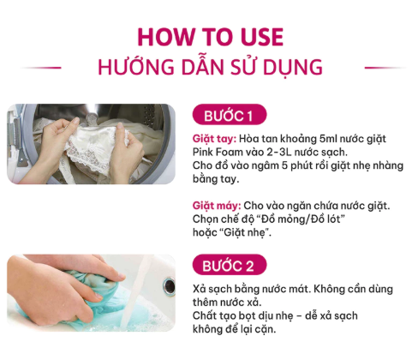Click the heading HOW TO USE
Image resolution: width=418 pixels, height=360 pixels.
coord(210,37)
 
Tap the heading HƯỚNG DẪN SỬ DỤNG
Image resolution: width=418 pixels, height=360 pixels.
coord(210,67)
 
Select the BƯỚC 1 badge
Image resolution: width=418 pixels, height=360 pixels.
coord(230,115)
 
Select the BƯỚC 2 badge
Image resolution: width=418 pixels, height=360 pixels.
coord(230,265)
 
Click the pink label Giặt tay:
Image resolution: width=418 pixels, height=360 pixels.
coord(214,139)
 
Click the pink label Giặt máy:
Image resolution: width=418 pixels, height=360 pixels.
coord(217,206)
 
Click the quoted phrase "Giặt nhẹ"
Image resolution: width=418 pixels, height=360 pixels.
coord(245,232)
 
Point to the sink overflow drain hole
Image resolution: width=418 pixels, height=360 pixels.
coord(169,285)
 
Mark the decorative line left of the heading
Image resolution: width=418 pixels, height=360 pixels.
coord(41,68)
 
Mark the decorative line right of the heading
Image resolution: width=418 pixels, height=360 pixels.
coord(385,68)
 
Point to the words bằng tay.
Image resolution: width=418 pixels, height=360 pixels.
coord(216,179)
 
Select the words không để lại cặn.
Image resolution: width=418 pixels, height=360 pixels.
coord(235,329)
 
